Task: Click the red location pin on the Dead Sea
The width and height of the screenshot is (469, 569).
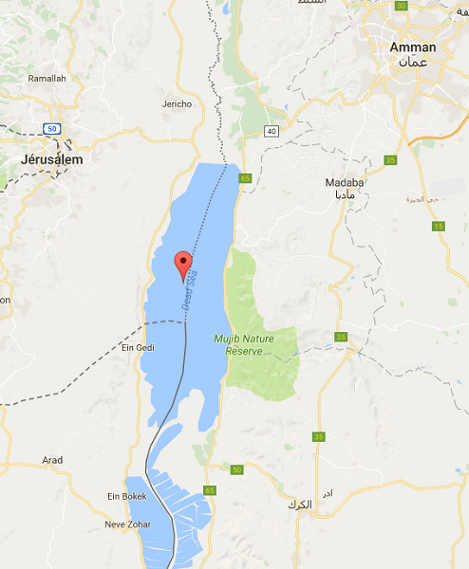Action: coord(183,264)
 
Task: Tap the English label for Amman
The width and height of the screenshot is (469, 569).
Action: coord(413,47)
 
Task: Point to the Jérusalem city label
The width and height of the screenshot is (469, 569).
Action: coord(51,160)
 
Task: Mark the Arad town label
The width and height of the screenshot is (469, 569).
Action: coord(52,460)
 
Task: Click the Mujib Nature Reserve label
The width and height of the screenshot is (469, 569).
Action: coord(250,344)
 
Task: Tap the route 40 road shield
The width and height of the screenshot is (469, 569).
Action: coord(272,131)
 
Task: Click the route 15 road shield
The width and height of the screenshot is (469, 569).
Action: coord(438,226)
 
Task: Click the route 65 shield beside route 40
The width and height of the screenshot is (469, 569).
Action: coord(245,178)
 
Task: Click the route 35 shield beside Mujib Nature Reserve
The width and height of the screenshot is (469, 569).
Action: coord(341,337)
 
